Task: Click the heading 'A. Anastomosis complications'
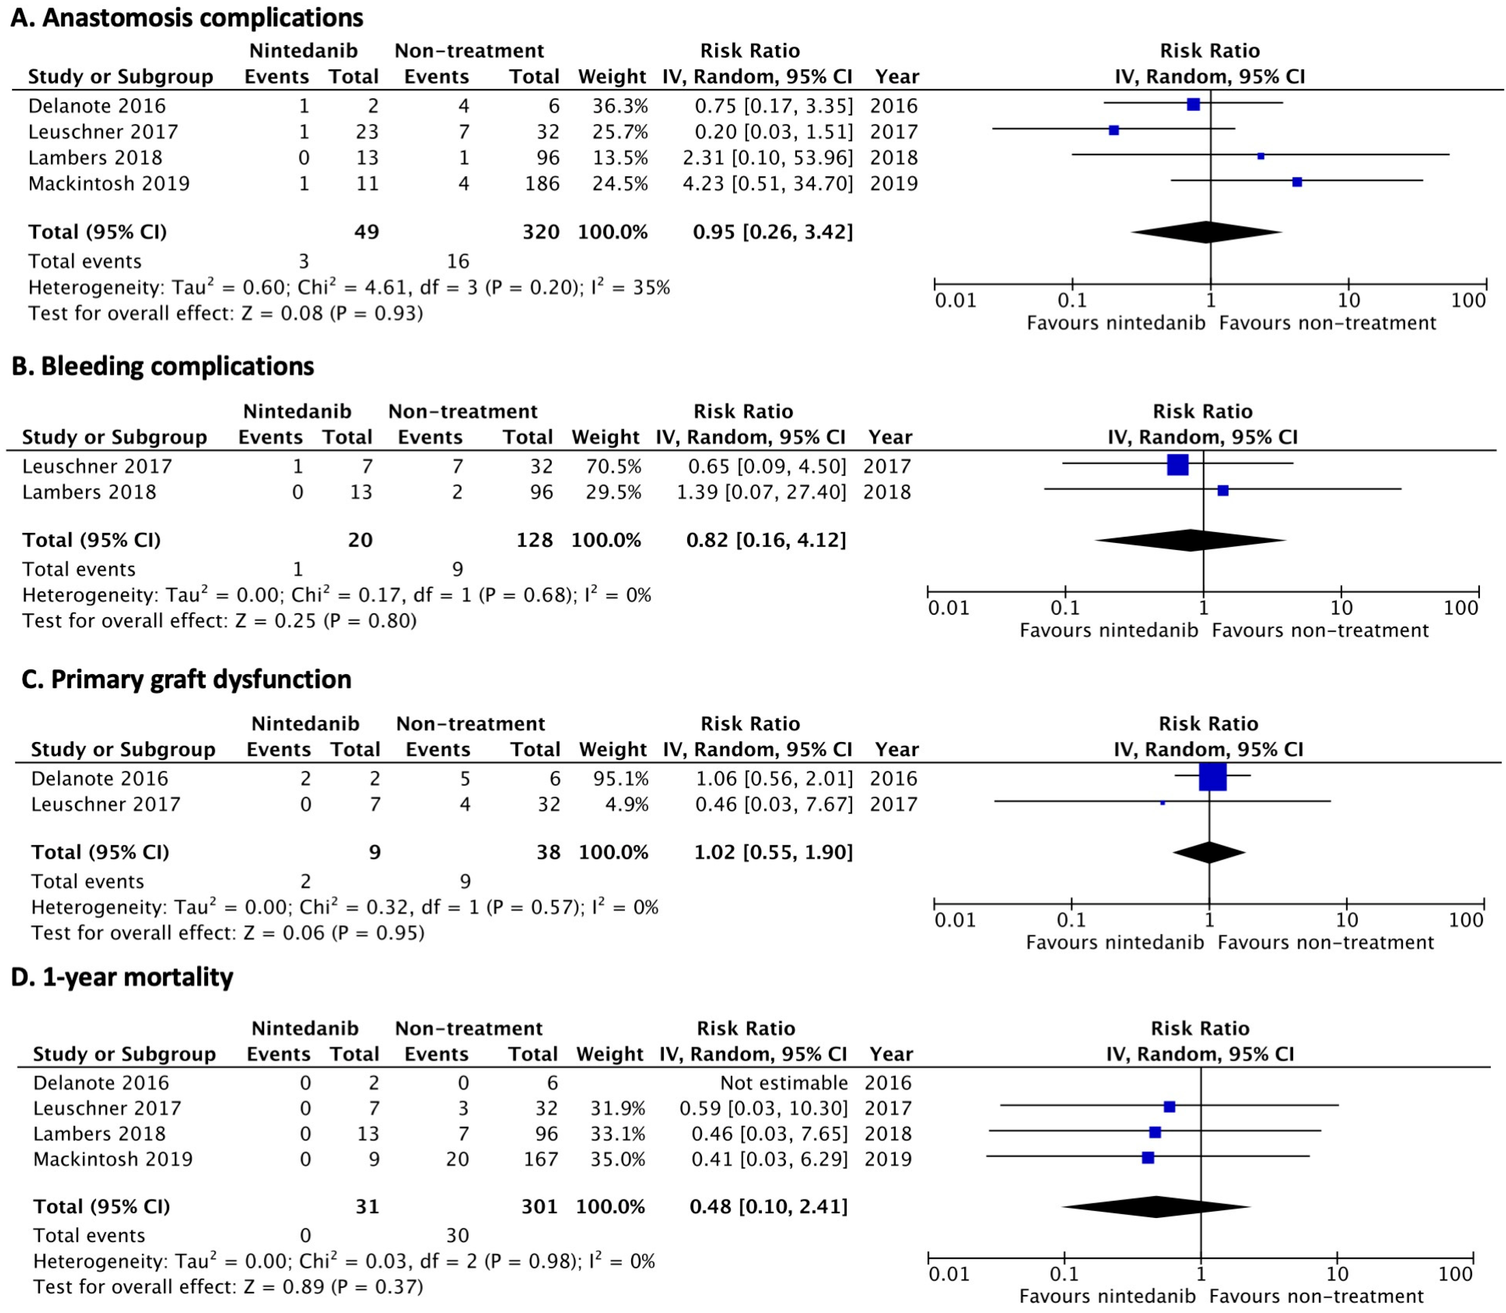[x=187, y=18]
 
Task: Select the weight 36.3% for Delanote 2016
[x=620, y=106]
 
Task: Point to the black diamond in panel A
[x=1206, y=232]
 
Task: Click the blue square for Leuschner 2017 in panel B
[x=1177, y=465]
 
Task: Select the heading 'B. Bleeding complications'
[x=162, y=366]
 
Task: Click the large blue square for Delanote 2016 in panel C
[x=1212, y=777]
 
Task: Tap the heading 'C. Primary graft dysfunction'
[x=186, y=679]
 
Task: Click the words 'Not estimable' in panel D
[x=784, y=1083]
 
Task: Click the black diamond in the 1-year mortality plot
[x=1156, y=1207]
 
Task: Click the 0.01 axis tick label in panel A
[x=955, y=300]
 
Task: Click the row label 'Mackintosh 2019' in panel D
[x=113, y=1159]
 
